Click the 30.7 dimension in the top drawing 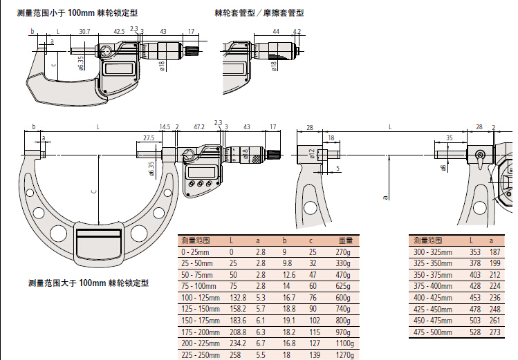[84, 31]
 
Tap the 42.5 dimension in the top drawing [119, 31]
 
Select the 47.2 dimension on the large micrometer [198, 127]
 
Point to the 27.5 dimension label [149, 138]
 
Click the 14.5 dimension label [164, 127]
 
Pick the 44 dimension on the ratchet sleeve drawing [275, 31]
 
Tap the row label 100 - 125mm [200, 296]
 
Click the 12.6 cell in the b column [288, 274]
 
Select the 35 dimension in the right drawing [449, 138]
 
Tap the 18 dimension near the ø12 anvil [331, 138]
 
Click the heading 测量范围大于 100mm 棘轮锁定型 [89, 283]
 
